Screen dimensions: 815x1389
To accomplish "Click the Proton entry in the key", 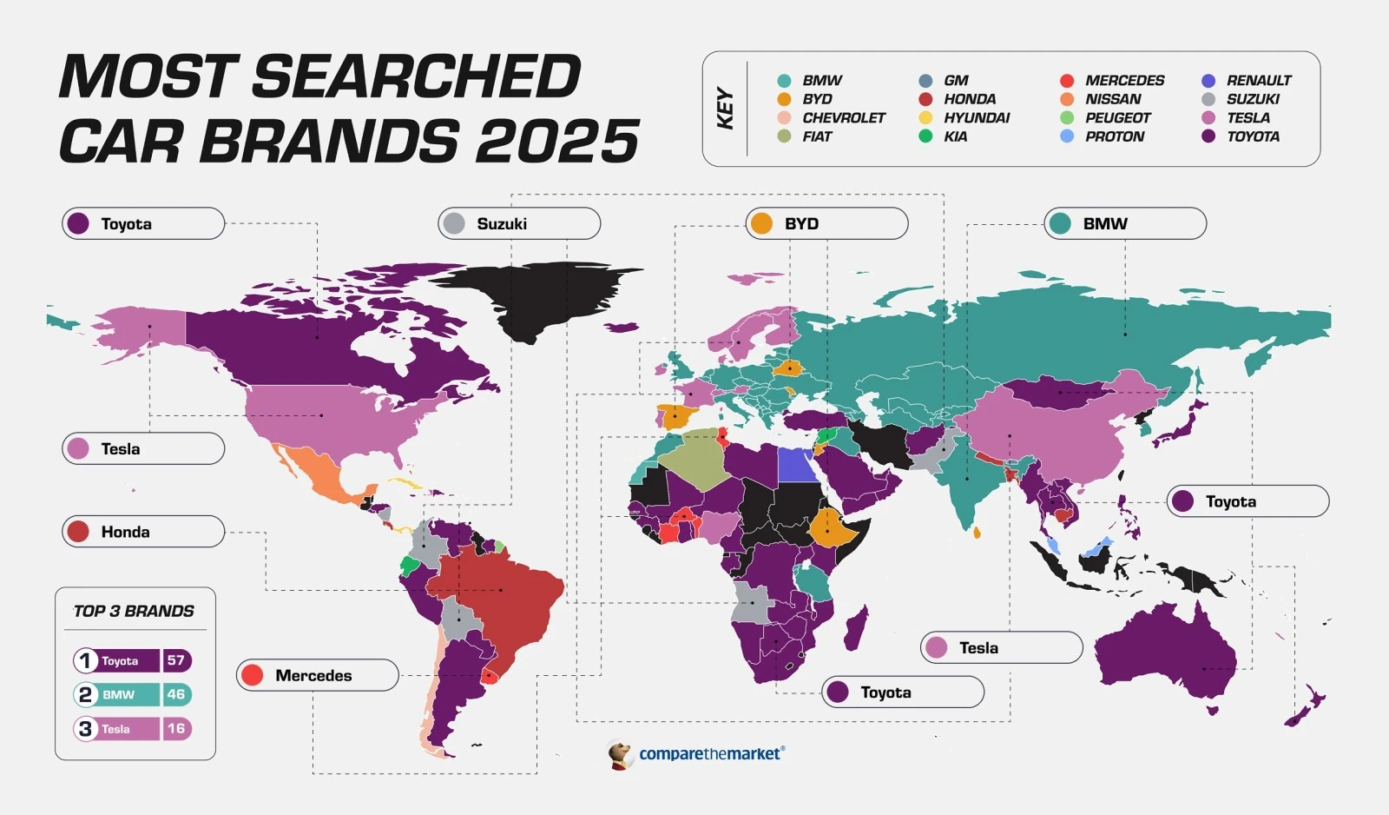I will pyautogui.click(x=1114, y=136).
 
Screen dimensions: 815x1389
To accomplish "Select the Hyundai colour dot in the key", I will pyautogui.click(x=926, y=117).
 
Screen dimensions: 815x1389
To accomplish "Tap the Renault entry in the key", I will pyautogui.click(x=1258, y=80).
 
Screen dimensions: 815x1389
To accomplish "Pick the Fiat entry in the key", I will pyautogui.click(x=816, y=136).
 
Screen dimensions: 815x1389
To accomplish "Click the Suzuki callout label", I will pyautogui.click(x=518, y=223).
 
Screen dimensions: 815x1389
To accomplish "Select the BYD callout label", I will pyautogui.click(x=826, y=223).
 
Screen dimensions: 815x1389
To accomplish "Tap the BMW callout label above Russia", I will pyautogui.click(x=1124, y=223).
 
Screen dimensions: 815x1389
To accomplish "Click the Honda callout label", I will pyautogui.click(x=143, y=531).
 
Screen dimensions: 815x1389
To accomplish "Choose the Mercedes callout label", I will pyautogui.click(x=317, y=675).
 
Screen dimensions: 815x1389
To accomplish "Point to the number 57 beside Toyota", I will pyautogui.click(x=176, y=660).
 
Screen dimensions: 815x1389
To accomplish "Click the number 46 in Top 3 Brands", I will pyautogui.click(x=176, y=694).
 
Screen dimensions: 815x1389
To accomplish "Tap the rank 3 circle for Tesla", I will pyautogui.click(x=85, y=729).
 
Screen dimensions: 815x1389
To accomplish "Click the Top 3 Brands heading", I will pyautogui.click(x=134, y=611).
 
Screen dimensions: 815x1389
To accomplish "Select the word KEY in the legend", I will pyautogui.click(x=726, y=109).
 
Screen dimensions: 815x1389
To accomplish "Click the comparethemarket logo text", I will pyautogui.click(x=711, y=754).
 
